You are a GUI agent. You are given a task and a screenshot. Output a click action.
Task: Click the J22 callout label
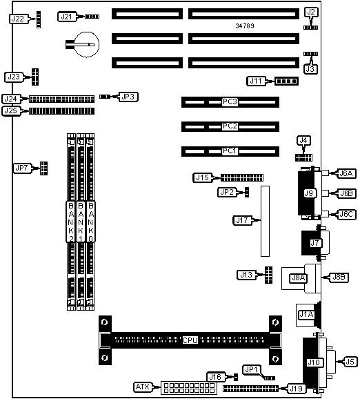pos(18,19)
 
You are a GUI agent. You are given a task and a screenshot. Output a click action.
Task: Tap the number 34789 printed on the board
pos(245,26)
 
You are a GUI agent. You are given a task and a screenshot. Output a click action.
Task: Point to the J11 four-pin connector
pos(286,81)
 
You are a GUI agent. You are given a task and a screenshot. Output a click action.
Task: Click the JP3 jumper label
pos(128,97)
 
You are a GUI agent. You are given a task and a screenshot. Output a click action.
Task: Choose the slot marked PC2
pos(230,126)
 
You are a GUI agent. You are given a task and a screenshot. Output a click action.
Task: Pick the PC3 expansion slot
pos(230,102)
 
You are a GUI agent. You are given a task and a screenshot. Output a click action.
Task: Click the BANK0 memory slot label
pos(91,222)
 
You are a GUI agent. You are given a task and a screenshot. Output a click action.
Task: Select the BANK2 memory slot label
pos(71,222)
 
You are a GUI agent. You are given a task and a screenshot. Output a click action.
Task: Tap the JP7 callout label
pos(22,168)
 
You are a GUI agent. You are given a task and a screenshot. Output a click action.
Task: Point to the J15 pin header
pos(242,177)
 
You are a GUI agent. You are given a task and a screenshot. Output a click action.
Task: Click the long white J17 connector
pos(265,221)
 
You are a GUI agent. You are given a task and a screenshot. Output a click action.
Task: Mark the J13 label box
pos(246,275)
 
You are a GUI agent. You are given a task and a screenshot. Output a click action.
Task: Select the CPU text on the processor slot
pos(190,340)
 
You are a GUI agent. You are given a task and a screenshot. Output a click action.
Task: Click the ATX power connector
pos(189,388)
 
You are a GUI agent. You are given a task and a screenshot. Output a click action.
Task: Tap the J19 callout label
pos(296,389)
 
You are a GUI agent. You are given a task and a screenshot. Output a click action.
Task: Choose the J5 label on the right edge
pos(350,362)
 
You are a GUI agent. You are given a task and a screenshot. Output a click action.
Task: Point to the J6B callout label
pos(346,193)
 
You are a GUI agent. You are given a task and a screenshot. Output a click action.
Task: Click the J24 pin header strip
pos(61,99)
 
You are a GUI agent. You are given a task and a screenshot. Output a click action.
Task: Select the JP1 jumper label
pos(252,369)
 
